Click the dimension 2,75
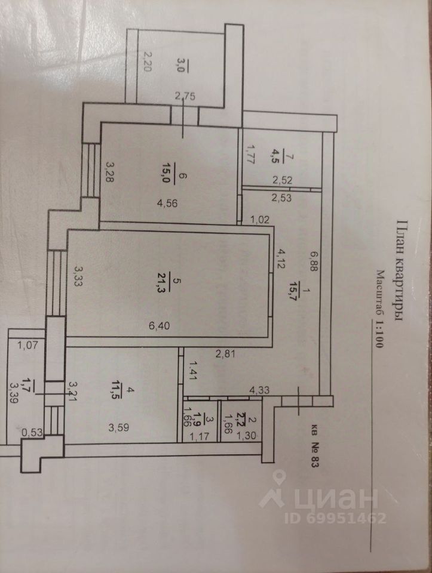point(185,95)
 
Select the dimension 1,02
point(261,219)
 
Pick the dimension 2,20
point(146,61)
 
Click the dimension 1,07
point(27,344)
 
